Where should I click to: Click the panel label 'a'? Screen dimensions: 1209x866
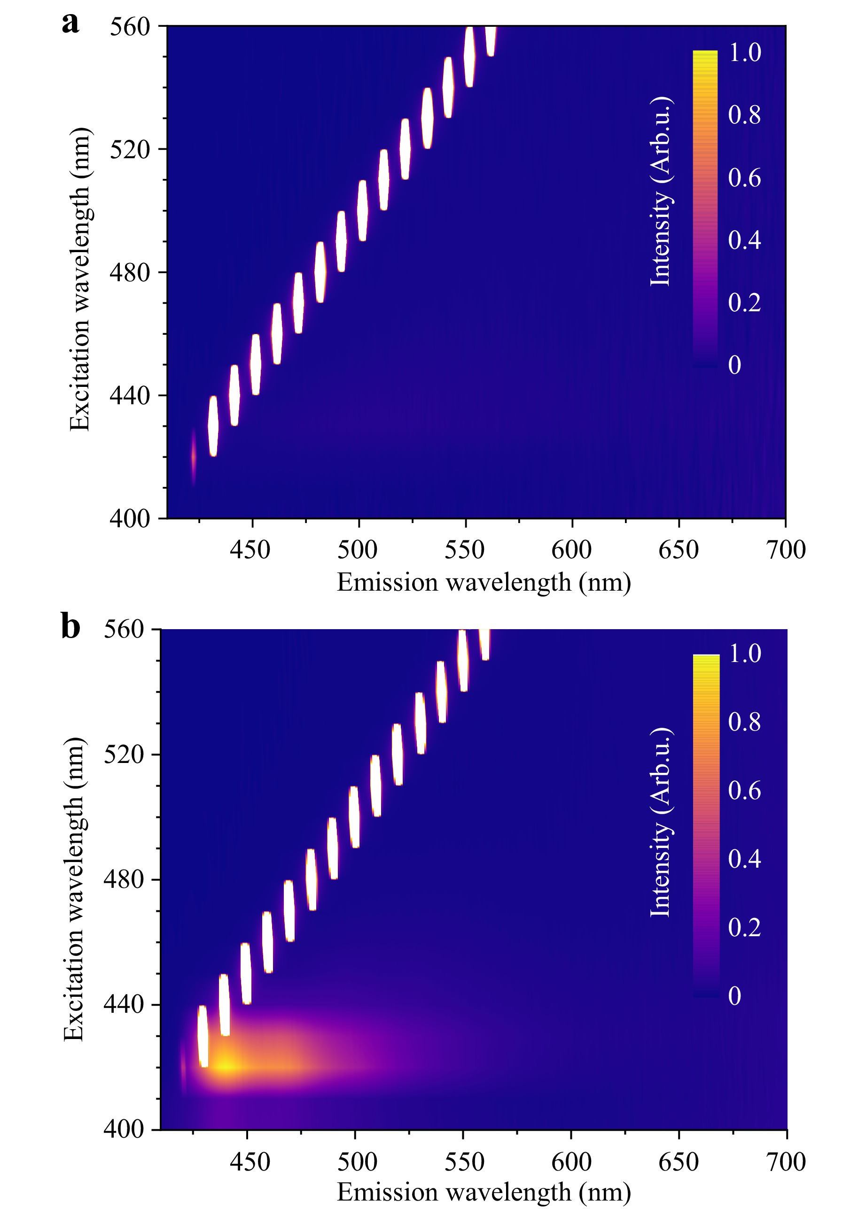tap(70, 24)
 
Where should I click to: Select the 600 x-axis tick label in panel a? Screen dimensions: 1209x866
tap(571, 550)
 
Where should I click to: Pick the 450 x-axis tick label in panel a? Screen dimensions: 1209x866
tap(250, 550)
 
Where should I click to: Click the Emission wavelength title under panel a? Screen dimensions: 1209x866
tap(484, 582)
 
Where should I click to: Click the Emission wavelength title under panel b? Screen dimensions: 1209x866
tap(484, 1192)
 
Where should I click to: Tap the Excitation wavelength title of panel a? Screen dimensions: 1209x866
tap(80, 279)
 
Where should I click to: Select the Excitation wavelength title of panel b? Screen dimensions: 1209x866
tap(74, 889)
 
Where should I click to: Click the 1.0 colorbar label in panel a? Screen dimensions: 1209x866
tap(744, 52)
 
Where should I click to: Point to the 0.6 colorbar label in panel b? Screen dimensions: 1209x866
tap(744, 790)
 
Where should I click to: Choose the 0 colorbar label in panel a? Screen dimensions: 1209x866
tap(735, 365)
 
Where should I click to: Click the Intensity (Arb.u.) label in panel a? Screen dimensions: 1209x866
tap(661, 192)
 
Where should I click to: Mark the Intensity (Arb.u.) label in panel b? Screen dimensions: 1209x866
tap(661, 822)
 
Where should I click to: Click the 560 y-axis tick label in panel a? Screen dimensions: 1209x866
tap(130, 26)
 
